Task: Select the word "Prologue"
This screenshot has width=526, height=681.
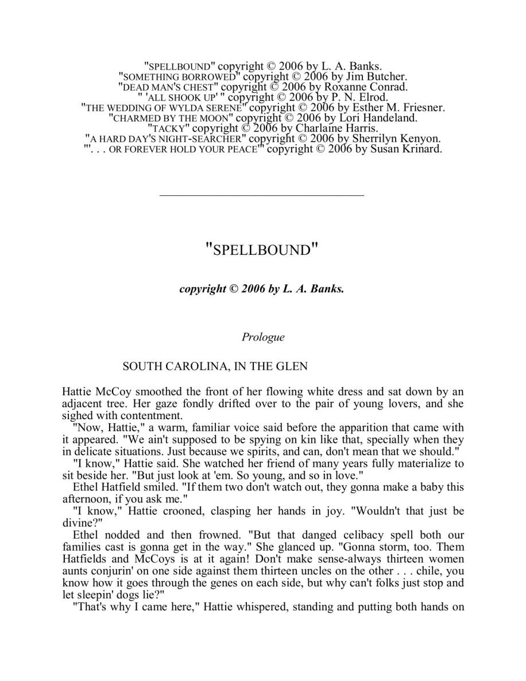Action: pyautogui.click(x=263, y=337)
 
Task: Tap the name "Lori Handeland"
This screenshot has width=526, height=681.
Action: pyautogui.click(x=377, y=118)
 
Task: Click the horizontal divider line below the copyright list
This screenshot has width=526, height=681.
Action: pyautogui.click(x=261, y=195)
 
